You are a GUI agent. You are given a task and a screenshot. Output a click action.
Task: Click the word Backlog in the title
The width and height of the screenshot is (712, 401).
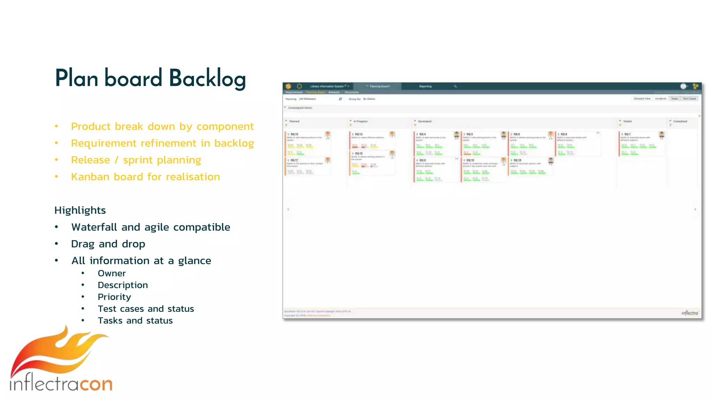pos(208,79)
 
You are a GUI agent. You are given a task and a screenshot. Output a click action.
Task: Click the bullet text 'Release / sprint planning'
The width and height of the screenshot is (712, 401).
pos(136,160)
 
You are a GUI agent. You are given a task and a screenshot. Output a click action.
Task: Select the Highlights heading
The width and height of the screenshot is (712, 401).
pos(80,210)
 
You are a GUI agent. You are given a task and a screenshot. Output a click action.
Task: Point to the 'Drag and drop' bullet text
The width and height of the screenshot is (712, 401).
pos(108,244)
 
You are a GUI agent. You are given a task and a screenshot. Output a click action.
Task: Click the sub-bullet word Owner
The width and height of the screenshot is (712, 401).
pos(112,274)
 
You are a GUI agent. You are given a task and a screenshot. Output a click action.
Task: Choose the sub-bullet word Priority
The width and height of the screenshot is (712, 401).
pos(114,297)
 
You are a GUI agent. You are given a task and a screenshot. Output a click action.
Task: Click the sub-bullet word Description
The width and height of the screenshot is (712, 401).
pos(123,285)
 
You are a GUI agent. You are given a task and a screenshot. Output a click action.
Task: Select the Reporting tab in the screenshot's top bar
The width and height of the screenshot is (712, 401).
pos(425,86)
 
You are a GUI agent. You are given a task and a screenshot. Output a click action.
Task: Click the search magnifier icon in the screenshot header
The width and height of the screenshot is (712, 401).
pos(455,86)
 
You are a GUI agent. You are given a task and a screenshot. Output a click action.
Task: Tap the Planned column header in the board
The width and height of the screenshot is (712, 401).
pos(294,121)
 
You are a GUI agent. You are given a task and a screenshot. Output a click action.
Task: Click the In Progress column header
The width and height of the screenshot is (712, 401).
pos(361,121)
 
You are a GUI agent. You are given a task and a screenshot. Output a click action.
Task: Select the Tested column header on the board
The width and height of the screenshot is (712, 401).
pos(627,121)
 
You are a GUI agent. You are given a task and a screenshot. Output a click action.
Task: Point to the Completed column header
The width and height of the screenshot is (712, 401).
pos(680,121)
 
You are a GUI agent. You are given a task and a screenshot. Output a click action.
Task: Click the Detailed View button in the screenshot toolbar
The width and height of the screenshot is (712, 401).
pos(642,99)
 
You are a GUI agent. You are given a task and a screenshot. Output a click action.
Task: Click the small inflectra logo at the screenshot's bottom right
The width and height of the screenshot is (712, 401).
pos(689,313)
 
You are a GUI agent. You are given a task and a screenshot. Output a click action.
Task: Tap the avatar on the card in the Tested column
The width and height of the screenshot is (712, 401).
pos(662,135)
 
